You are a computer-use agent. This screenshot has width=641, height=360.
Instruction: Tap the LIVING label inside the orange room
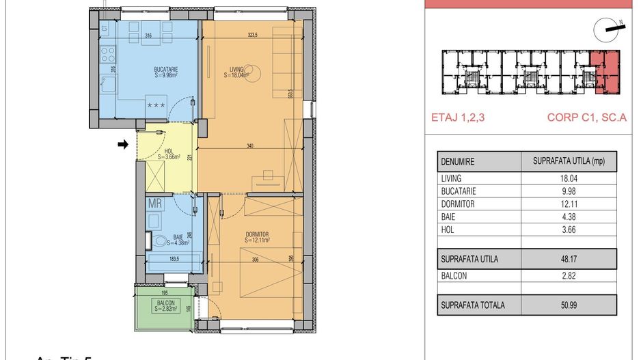tap(236, 69)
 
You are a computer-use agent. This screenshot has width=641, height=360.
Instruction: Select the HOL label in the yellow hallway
tap(168, 151)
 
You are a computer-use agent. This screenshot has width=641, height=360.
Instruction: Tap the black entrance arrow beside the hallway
tap(123, 144)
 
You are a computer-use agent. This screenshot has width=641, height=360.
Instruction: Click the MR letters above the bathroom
tap(155, 203)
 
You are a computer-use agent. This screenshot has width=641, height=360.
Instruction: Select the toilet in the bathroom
tap(159, 240)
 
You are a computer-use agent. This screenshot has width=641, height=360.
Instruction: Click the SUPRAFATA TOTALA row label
tap(473, 305)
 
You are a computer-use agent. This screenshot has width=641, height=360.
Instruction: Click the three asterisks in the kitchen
tap(156, 105)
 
